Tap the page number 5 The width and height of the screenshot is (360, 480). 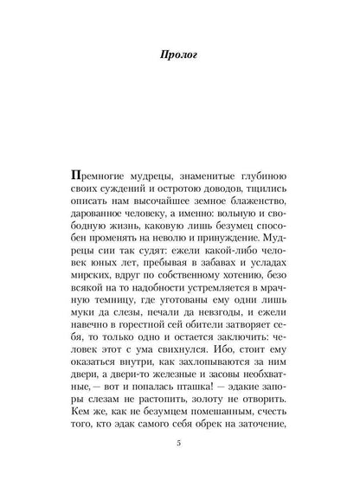(179, 446)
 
